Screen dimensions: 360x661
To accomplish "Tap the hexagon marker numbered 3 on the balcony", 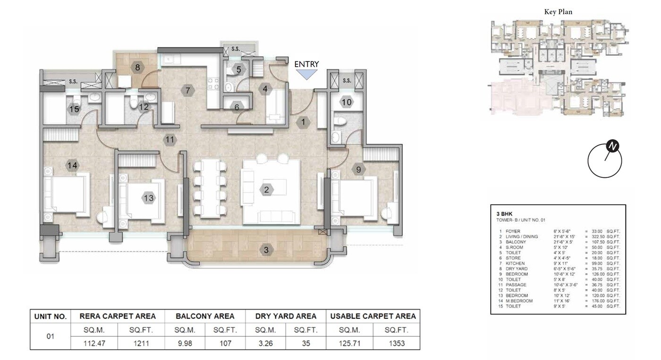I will [x=266, y=250].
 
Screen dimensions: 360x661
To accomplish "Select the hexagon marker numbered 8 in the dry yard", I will [x=137, y=67].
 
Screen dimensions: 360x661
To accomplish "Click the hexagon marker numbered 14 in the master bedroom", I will [x=72, y=166].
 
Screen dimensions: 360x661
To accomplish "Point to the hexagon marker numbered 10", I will [x=347, y=102].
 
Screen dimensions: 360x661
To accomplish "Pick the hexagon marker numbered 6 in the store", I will [x=237, y=107].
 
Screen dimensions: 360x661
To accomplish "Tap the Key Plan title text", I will [x=558, y=12].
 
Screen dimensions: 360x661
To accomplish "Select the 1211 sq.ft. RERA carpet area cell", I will [x=141, y=343].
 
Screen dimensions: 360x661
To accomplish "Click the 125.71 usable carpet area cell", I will [x=349, y=343].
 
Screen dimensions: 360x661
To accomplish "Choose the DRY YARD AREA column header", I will [x=286, y=316].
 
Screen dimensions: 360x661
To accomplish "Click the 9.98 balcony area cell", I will [x=185, y=343].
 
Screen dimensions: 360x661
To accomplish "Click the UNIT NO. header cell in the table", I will [x=50, y=316].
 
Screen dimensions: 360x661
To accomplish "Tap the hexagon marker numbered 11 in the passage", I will [x=170, y=140].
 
